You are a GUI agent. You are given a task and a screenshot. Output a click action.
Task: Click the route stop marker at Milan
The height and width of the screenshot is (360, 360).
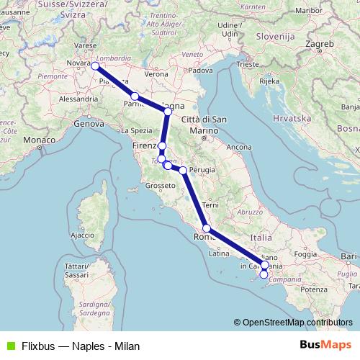[x=95, y=66]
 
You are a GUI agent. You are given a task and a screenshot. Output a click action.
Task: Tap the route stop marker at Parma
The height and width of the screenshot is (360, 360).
[x=135, y=96]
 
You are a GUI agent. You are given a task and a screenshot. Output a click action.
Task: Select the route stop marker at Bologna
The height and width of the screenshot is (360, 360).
[x=168, y=112]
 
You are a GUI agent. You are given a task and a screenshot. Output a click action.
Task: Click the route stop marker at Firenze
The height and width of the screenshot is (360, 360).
[x=162, y=146]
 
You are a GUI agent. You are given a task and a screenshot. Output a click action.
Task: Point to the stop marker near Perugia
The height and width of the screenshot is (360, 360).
[x=183, y=171]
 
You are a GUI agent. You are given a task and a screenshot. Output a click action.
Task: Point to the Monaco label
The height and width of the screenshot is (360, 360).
[x=40, y=139]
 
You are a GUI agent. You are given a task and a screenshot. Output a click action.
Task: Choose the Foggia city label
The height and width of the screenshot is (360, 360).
[x=305, y=254]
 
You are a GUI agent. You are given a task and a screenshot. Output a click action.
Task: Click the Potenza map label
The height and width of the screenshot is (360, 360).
[x=315, y=289]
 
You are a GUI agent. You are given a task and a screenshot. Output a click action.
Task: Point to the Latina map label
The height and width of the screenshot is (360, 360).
[x=218, y=253]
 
